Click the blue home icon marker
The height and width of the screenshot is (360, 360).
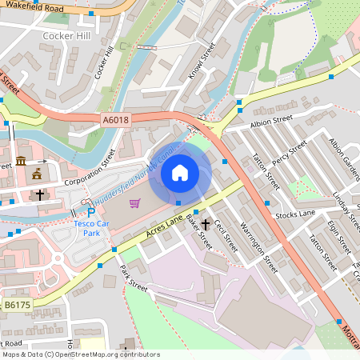tap(180, 173)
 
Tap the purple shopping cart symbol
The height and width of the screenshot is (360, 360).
tap(134, 202)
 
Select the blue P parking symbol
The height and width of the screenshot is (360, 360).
tap(91, 213)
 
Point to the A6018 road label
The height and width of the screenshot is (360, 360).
tap(116, 118)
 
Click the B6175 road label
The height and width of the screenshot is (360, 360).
tap(15, 304)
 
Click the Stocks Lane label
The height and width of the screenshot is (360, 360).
tap(295, 214)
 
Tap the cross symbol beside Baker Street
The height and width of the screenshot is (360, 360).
tap(206, 225)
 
